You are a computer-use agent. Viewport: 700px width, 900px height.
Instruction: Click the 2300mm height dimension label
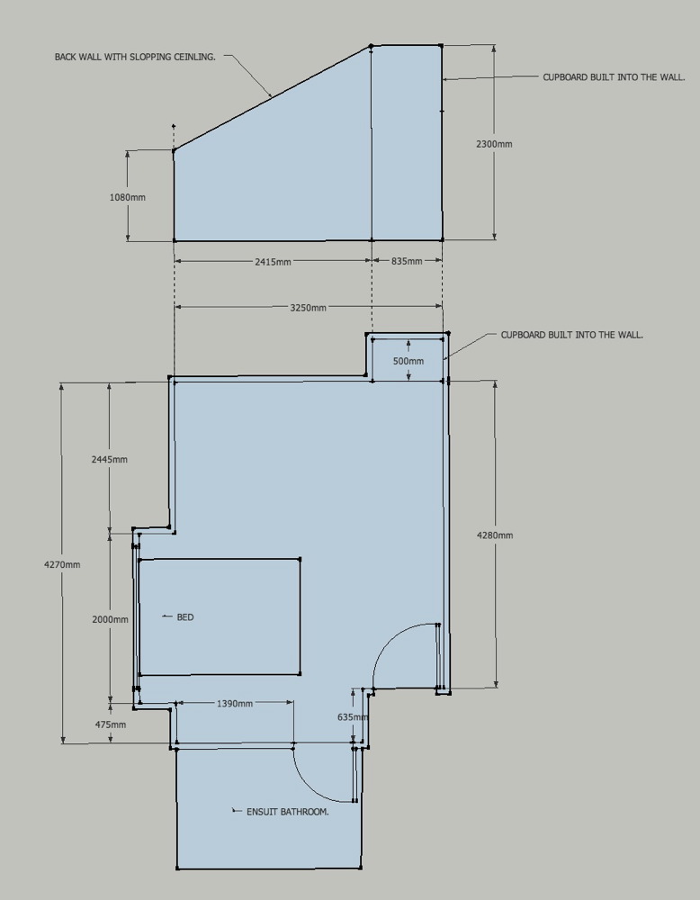coord(494,144)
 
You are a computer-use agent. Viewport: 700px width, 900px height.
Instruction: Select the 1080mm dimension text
coord(128,197)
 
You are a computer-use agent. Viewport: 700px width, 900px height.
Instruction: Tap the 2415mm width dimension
coord(274,262)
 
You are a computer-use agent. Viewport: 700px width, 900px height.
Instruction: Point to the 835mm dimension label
coord(407,261)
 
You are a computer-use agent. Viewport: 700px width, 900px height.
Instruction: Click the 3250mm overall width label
coord(308,308)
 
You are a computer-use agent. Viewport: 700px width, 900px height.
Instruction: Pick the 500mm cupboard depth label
coord(408,362)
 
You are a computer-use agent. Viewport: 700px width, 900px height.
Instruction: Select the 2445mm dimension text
coord(110,460)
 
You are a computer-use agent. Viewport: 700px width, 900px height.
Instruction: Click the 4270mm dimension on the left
coord(62,565)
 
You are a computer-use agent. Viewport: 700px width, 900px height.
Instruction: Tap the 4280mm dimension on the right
coord(495,535)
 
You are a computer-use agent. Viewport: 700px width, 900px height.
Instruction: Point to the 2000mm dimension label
coord(110,620)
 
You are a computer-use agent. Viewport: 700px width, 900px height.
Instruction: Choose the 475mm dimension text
coord(110,724)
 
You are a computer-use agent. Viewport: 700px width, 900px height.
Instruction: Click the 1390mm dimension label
coord(235,704)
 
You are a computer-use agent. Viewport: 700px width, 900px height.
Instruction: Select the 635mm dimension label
coord(353,717)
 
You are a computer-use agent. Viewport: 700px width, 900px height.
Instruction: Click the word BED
coord(185,617)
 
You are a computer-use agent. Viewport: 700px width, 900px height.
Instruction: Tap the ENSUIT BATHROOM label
coord(287,812)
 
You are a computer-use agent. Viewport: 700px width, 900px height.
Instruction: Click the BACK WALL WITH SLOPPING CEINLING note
coord(135,57)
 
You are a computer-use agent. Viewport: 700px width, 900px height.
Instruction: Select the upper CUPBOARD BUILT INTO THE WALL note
coord(614,76)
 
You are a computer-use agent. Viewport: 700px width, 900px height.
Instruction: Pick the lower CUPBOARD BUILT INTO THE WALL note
coord(572,335)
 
